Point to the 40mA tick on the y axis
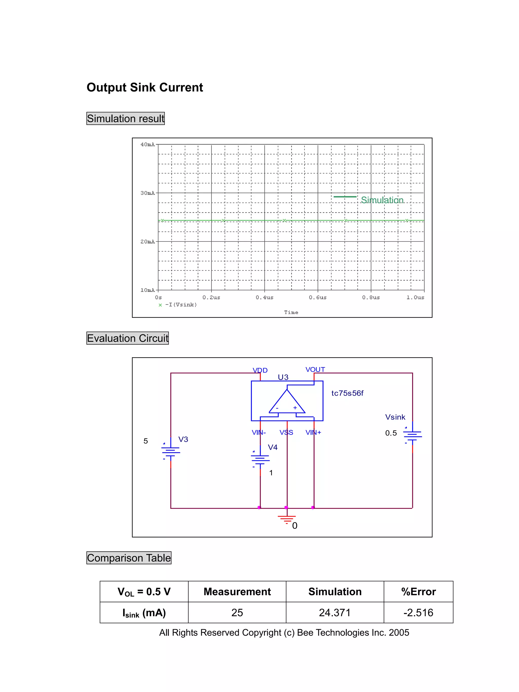click(x=147, y=144)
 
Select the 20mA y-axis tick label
click(x=147, y=241)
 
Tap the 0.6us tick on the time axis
click(x=318, y=297)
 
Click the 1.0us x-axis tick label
click(x=415, y=297)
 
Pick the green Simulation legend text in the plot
click(x=382, y=200)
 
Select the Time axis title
click(x=291, y=312)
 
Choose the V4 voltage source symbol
click(x=260, y=459)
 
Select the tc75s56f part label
click(x=347, y=393)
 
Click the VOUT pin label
click(x=315, y=369)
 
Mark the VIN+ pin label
click(x=313, y=432)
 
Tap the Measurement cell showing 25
click(x=237, y=612)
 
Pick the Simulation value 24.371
click(x=335, y=612)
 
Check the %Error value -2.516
click(x=418, y=612)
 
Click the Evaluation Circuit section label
click(x=128, y=338)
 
